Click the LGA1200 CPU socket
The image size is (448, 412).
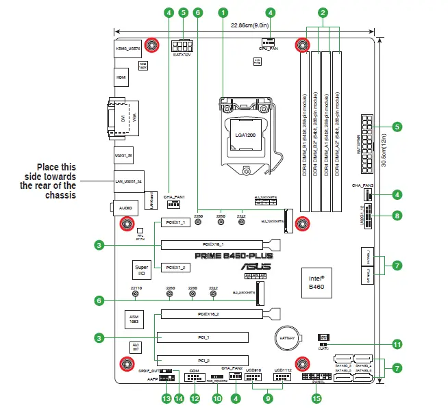tap(245, 136)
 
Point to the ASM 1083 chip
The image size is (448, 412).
tap(134, 319)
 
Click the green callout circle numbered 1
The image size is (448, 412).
tap(223, 12)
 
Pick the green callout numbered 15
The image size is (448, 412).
tap(316, 398)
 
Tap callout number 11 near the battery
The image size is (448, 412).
tap(397, 344)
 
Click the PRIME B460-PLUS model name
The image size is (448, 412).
tap(233, 256)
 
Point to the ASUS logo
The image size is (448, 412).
tap(253, 268)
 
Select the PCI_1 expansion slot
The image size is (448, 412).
tap(202, 337)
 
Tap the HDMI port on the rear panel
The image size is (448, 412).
tap(121, 78)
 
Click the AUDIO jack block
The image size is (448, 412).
tap(124, 206)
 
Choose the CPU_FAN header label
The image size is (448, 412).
tap(269, 49)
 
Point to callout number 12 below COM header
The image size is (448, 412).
tap(195, 398)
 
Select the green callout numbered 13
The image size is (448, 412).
tap(165, 398)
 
